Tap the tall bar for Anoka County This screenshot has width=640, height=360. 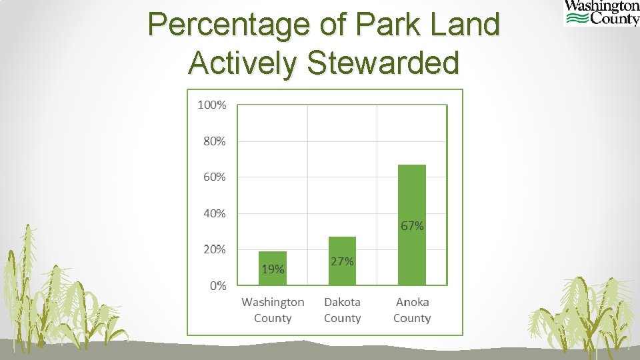[x=411, y=200]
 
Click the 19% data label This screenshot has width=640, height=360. [x=273, y=270]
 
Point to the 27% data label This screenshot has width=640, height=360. [x=342, y=261]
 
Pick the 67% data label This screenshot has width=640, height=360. [x=412, y=226]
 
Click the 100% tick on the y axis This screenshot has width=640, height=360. [x=212, y=105]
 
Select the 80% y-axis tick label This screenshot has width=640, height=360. [x=214, y=141]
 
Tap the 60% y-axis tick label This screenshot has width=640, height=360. [x=214, y=177]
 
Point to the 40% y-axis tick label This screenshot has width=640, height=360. [x=214, y=214]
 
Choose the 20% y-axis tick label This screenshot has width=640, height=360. [x=214, y=249]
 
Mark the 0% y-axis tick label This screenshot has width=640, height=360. [x=217, y=286]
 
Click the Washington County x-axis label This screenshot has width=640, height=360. [x=273, y=310]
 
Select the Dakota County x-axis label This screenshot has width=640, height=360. [x=342, y=310]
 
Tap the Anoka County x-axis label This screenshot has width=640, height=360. [x=412, y=310]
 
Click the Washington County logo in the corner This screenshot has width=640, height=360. [x=601, y=13]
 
